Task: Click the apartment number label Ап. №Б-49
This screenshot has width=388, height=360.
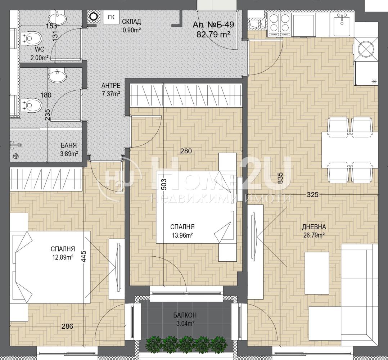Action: (x=213, y=24)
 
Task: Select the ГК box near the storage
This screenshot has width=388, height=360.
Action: (x=111, y=17)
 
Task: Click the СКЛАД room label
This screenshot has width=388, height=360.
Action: (x=131, y=22)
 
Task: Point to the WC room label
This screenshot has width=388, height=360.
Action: (x=40, y=49)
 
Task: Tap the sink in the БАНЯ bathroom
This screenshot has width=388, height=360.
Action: (x=58, y=75)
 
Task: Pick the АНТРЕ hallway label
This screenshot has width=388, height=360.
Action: (x=111, y=86)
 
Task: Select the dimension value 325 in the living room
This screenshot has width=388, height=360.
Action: (x=312, y=195)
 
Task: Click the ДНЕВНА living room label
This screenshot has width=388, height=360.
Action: (x=314, y=227)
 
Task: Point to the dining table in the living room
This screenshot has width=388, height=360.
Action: (x=349, y=150)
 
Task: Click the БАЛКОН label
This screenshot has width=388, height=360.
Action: (x=185, y=315)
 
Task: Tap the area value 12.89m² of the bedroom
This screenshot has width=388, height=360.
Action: (x=63, y=257)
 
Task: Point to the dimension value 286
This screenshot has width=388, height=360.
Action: (x=67, y=327)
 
